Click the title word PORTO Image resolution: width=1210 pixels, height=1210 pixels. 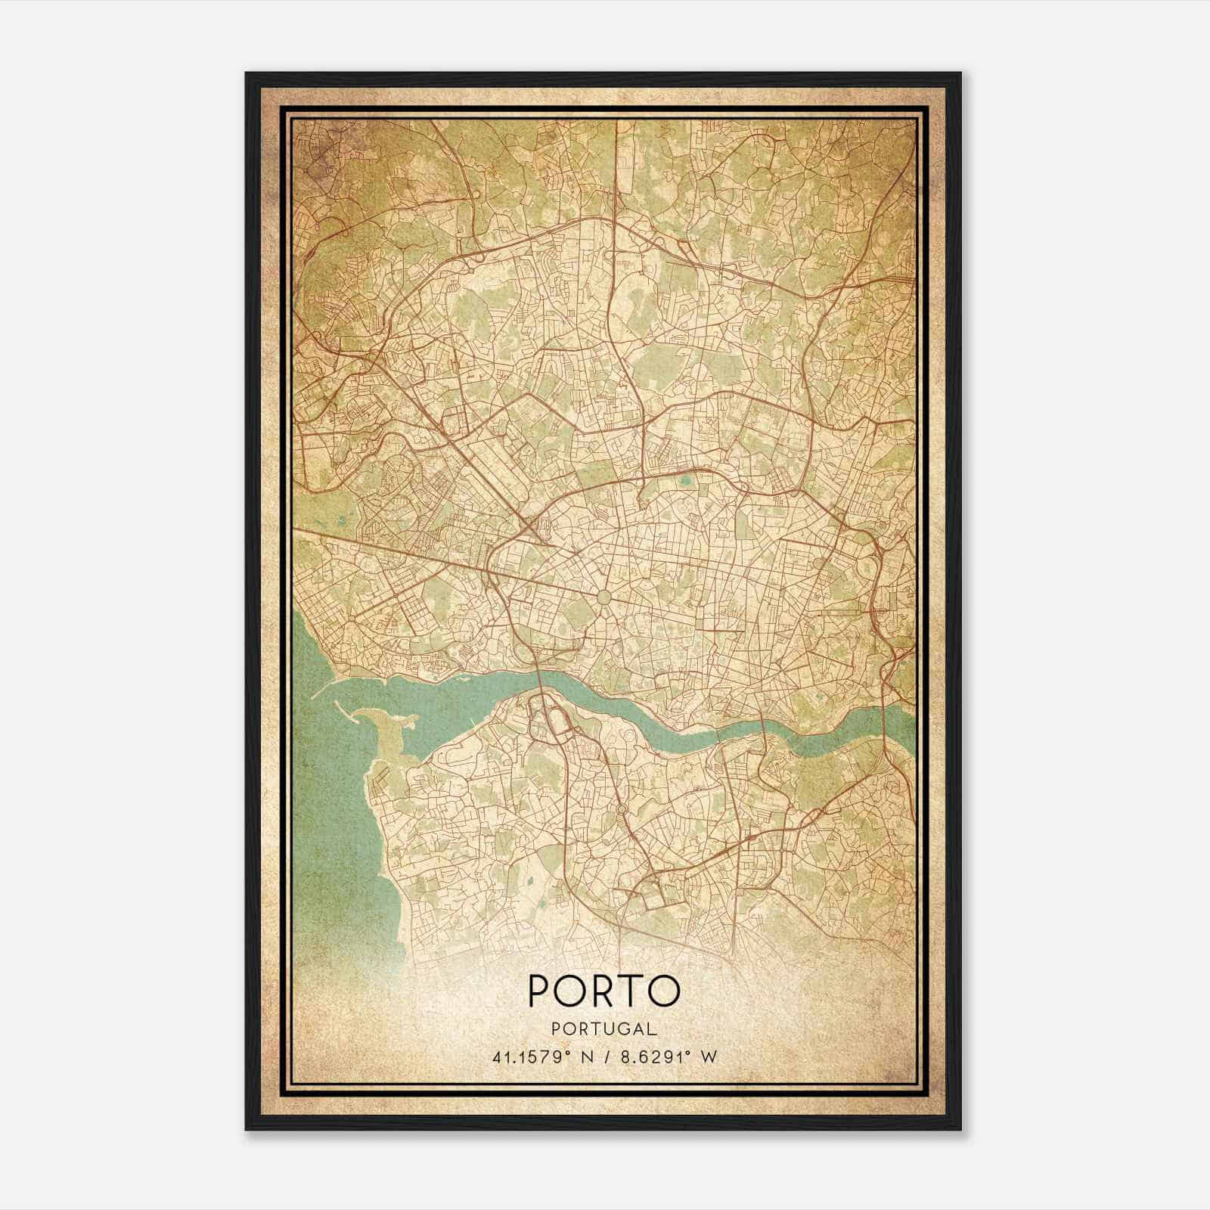click(x=604, y=991)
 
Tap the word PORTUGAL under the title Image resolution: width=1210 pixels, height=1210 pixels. click(x=604, y=1028)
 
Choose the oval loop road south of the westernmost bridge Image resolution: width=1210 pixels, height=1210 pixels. click(x=559, y=722)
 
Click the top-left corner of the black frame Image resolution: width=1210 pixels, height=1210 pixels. click(x=247, y=73)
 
